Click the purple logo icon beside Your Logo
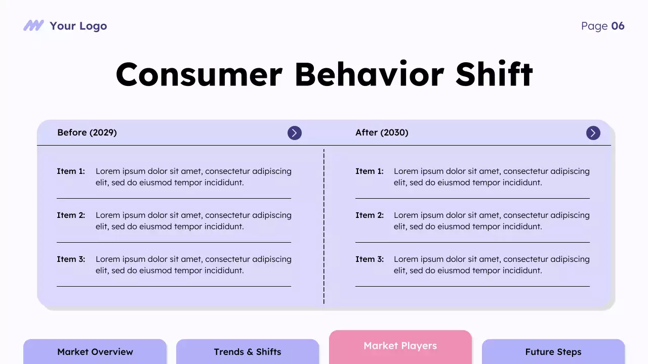click(33, 26)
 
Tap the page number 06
click(618, 26)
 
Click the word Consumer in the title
click(198, 74)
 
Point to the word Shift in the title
click(494, 74)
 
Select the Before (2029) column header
click(87, 132)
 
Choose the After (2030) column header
click(382, 132)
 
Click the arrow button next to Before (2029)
click(295, 133)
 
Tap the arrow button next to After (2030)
click(593, 133)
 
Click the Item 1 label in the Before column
click(71, 171)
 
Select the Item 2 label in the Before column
click(71, 215)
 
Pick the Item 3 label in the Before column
click(71, 259)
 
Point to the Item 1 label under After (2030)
click(370, 171)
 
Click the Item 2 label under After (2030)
click(370, 215)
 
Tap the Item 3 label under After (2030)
click(370, 259)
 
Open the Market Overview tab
click(95, 352)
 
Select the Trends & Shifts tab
click(248, 352)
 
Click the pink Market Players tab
click(400, 346)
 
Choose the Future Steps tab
click(553, 352)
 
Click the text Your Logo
click(78, 26)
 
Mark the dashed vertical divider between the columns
click(324, 227)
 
